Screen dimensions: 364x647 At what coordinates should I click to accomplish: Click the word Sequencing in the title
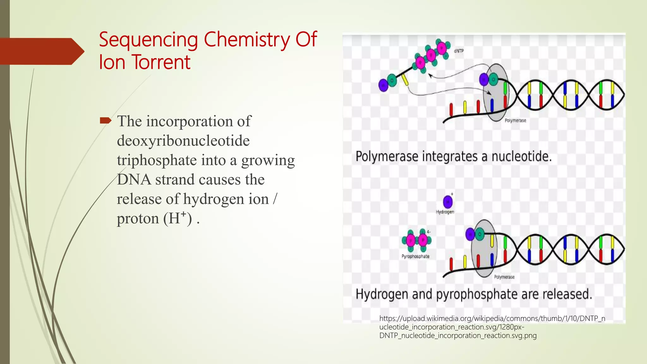pos(148,40)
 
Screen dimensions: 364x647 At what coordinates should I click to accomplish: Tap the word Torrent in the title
pos(161,62)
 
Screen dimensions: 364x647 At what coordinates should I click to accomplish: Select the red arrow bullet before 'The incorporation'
pos(106,120)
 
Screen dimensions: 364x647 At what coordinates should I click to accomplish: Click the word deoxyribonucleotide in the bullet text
pos(183,141)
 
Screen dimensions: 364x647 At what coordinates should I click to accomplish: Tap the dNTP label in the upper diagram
pos(459,51)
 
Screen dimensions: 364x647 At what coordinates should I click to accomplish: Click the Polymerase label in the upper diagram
pos(515,120)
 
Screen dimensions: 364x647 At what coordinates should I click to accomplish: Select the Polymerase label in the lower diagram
pos(504,277)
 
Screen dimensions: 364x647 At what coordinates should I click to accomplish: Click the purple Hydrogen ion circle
pos(448,202)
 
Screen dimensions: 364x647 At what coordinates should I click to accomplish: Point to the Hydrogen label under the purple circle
pos(445,212)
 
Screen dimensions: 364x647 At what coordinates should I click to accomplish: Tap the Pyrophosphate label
pos(415,256)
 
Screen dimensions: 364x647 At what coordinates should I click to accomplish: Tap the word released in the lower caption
pos(567,294)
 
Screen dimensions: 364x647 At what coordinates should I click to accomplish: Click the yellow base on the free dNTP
pos(405,80)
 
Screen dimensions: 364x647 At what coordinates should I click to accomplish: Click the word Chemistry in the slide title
pos(247,40)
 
